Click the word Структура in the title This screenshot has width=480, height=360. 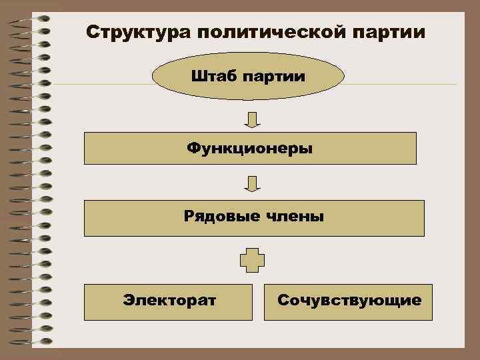point(127,33)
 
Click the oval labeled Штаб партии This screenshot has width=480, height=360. point(248,76)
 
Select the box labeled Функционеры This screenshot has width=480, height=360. point(250,148)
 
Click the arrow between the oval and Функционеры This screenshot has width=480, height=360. point(252,119)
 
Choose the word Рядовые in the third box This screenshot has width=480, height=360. point(217,216)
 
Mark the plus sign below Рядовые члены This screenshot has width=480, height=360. point(252,260)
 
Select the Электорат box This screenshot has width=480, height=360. point(169,301)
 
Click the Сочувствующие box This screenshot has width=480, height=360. point(348,301)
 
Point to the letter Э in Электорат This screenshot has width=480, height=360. point(127,301)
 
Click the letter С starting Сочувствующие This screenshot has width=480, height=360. point(283,301)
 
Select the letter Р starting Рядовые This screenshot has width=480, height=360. point(189,216)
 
